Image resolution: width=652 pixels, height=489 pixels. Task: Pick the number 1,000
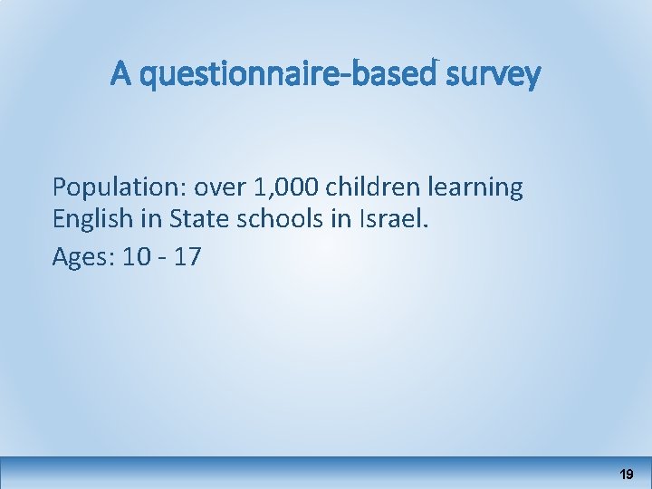tap(288, 188)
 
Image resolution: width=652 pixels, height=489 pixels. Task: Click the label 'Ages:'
tap(82, 257)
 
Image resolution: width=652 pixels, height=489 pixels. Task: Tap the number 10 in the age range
tap(137, 257)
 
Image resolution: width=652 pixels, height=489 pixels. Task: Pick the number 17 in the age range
tap(187, 257)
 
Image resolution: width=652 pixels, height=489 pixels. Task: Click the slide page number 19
tap(626, 474)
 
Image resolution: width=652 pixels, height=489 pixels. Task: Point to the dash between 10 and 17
tap(162, 258)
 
